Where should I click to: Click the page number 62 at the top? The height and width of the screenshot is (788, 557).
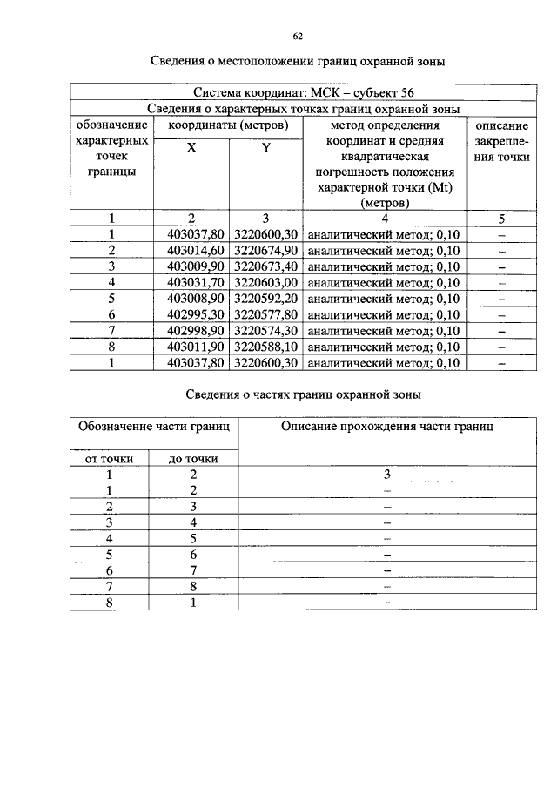point(298,36)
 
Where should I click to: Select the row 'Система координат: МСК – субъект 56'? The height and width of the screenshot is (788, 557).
point(298,92)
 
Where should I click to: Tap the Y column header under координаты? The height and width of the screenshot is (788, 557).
point(265,149)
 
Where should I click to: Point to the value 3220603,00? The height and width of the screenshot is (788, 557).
point(265,282)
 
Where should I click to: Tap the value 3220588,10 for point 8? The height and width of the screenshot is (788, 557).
point(265,347)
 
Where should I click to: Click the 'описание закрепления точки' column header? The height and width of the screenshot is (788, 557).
point(502,142)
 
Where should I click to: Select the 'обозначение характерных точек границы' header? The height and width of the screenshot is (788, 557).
point(111,149)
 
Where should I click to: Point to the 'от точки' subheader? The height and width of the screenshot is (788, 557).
point(110,459)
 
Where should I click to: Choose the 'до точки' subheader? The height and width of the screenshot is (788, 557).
point(193,459)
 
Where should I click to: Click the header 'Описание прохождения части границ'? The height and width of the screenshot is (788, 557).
point(386,427)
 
